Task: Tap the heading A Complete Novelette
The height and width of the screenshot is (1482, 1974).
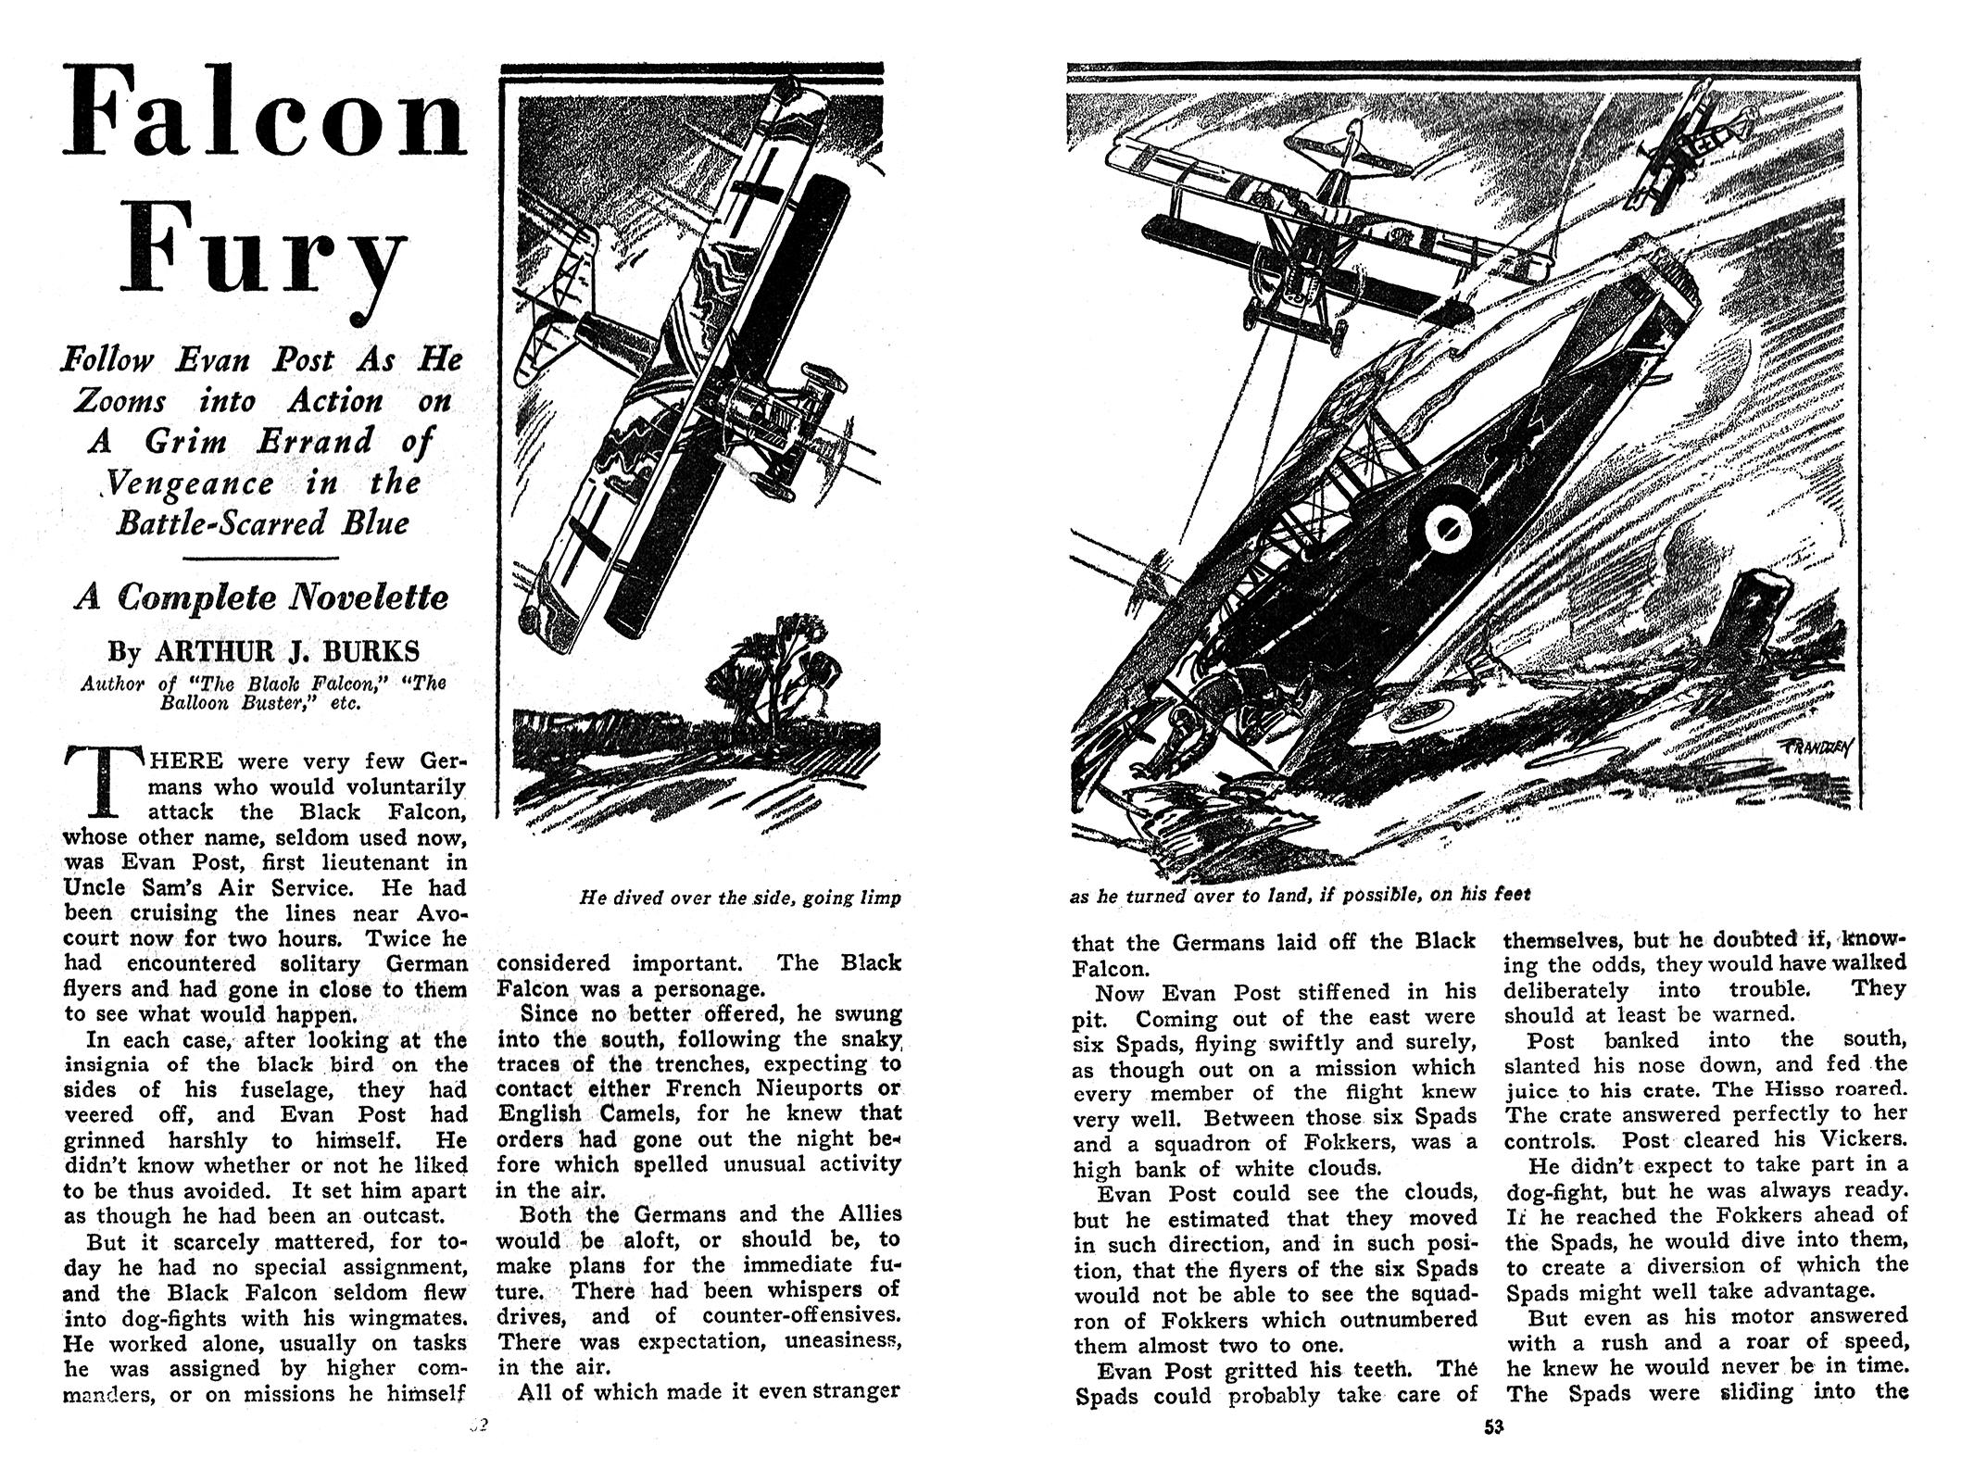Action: click(x=262, y=597)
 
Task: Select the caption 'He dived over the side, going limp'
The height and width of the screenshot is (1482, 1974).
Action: click(x=739, y=898)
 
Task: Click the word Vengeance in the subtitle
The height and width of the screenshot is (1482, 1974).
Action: click(x=193, y=483)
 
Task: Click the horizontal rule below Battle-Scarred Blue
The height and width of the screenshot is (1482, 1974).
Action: click(x=262, y=558)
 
